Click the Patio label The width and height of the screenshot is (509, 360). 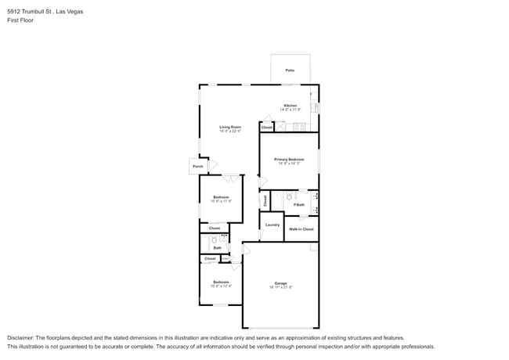[290, 71]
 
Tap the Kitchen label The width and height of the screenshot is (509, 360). [290, 106]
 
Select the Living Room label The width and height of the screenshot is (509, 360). [229, 127]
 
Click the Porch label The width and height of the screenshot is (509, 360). [197, 166]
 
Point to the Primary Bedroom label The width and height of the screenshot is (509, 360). [288, 160]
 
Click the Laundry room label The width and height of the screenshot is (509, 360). [272, 225]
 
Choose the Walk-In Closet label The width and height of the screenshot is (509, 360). [301, 229]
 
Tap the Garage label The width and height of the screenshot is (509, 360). [280, 283]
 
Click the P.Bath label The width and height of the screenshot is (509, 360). [299, 205]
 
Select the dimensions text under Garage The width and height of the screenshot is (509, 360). [280, 287]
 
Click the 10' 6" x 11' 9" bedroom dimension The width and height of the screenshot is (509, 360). [221, 201]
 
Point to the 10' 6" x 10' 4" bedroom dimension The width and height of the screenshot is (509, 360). [221, 286]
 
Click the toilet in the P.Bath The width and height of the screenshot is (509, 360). [289, 196]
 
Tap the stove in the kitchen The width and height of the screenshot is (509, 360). [298, 127]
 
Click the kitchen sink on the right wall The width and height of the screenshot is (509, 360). [314, 107]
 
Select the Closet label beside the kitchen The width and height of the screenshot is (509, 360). [266, 127]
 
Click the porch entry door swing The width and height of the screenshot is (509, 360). [208, 161]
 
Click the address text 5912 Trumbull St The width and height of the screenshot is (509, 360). [31, 13]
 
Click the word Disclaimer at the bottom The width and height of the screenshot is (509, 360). [22, 338]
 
